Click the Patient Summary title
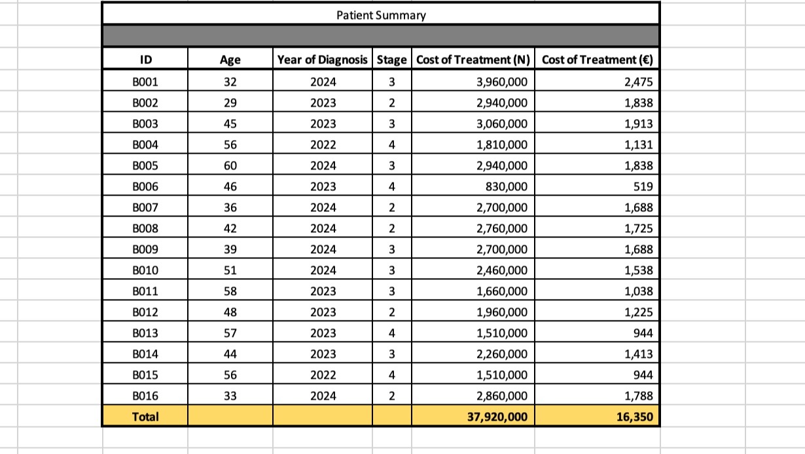381,15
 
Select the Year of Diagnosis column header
323,60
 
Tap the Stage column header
392,60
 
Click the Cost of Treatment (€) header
598,60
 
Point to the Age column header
230,60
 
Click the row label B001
145,82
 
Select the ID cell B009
145,249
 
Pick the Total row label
145,417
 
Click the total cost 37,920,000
497,417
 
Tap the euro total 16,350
635,417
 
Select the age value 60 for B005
230,166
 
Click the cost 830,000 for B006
507,186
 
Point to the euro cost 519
643,186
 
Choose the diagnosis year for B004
323,145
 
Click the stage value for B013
392,333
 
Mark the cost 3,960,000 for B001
502,82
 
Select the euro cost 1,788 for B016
639,396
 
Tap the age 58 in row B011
230,291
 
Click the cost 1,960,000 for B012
502,312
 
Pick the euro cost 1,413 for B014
639,354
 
